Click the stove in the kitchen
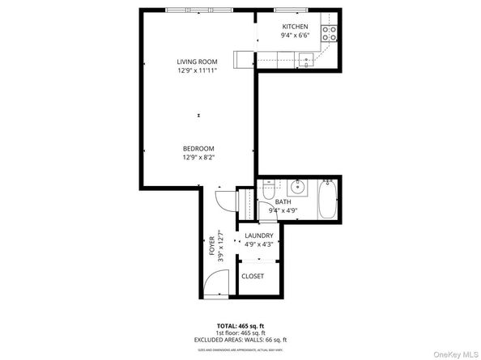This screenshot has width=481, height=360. (x=329, y=33)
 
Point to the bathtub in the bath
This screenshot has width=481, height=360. (x=327, y=200)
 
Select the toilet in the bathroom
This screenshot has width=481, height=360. (x=269, y=194)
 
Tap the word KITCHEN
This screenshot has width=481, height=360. (x=294, y=27)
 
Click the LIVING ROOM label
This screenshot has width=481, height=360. (x=198, y=61)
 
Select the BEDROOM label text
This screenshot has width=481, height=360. (x=198, y=148)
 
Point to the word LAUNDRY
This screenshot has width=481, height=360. (x=259, y=236)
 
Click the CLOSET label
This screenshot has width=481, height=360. (x=253, y=276)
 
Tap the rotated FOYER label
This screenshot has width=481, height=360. (x=213, y=245)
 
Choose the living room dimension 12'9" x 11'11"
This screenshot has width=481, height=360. (x=198, y=70)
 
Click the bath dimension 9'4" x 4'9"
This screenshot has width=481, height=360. (x=283, y=211)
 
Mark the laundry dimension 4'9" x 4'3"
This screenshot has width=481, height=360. (x=259, y=245)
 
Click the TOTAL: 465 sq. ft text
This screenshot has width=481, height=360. (x=240, y=325)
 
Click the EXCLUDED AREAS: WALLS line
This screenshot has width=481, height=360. (x=240, y=340)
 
